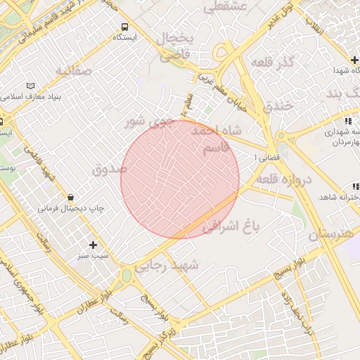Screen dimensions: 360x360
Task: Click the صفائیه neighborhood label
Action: coord(73,70)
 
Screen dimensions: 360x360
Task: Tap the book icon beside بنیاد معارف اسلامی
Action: coord(30,86)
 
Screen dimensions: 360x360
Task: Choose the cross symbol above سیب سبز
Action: coord(93,245)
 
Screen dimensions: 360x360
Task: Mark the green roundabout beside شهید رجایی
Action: coord(127,275)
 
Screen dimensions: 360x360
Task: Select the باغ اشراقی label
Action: coord(231,226)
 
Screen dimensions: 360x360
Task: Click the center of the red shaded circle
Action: coord(180,179)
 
